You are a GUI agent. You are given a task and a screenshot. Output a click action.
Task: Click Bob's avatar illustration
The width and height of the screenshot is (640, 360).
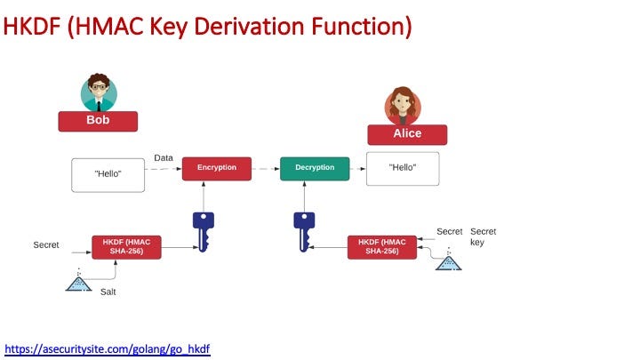click(x=99, y=92)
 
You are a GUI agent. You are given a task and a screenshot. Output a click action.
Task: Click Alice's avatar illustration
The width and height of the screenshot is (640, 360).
click(x=403, y=106)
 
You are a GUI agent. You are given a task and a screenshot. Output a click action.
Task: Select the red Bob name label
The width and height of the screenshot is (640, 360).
click(x=98, y=121)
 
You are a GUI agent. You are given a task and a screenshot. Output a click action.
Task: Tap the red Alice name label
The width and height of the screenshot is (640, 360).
click(x=407, y=135)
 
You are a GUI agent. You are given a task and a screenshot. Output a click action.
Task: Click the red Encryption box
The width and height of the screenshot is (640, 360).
click(x=217, y=169)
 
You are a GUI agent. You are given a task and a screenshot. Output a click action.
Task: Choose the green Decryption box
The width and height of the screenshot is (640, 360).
click(x=315, y=169)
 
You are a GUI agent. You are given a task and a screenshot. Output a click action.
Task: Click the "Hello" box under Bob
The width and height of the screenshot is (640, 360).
click(x=108, y=175)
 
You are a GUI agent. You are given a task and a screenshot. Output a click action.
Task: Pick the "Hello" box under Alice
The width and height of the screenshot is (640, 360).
click(x=403, y=169)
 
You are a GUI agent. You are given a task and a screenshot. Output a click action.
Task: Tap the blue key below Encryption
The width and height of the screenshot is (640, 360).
click(x=204, y=232)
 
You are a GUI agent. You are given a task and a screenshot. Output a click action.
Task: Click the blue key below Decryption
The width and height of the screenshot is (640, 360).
click(x=304, y=232)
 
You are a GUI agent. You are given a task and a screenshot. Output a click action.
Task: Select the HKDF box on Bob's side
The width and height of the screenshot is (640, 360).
click(x=126, y=247)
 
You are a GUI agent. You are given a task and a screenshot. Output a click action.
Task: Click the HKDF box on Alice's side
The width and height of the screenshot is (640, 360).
click(x=382, y=247)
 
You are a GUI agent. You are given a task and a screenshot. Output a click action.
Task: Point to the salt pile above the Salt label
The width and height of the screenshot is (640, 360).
click(x=79, y=281)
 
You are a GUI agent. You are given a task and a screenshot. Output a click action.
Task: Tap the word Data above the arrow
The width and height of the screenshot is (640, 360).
click(x=164, y=158)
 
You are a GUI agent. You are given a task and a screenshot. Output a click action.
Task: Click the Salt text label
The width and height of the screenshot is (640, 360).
click(x=108, y=292)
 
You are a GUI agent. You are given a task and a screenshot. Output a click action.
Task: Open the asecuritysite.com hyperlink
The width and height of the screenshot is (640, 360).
click(x=108, y=349)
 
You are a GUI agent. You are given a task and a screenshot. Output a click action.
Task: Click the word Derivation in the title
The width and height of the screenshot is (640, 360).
click(x=249, y=27)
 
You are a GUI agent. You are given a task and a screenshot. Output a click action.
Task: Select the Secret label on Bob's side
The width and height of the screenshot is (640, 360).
click(x=46, y=245)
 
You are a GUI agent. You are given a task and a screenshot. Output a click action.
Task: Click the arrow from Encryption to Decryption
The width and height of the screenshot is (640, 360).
click(x=266, y=169)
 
